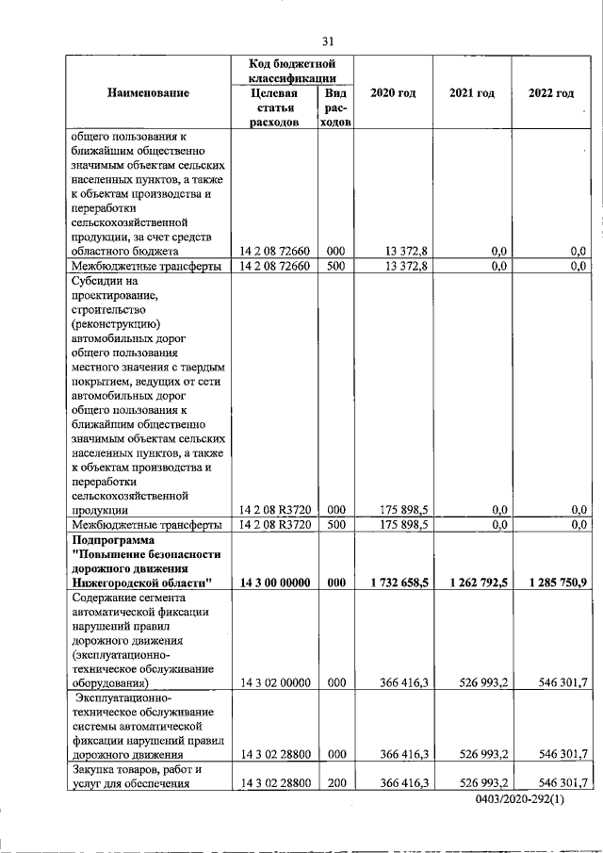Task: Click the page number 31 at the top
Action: pyautogui.click(x=328, y=41)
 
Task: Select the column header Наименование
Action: pyautogui.click(x=148, y=93)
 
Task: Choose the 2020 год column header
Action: pyautogui.click(x=393, y=93)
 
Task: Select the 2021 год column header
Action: pyautogui.click(x=471, y=93)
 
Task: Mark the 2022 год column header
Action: pyautogui.click(x=551, y=93)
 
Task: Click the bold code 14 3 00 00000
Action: pyautogui.click(x=274, y=583)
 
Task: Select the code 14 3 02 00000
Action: pyautogui.click(x=274, y=681)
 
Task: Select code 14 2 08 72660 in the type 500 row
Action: pyautogui.click(x=274, y=266)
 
